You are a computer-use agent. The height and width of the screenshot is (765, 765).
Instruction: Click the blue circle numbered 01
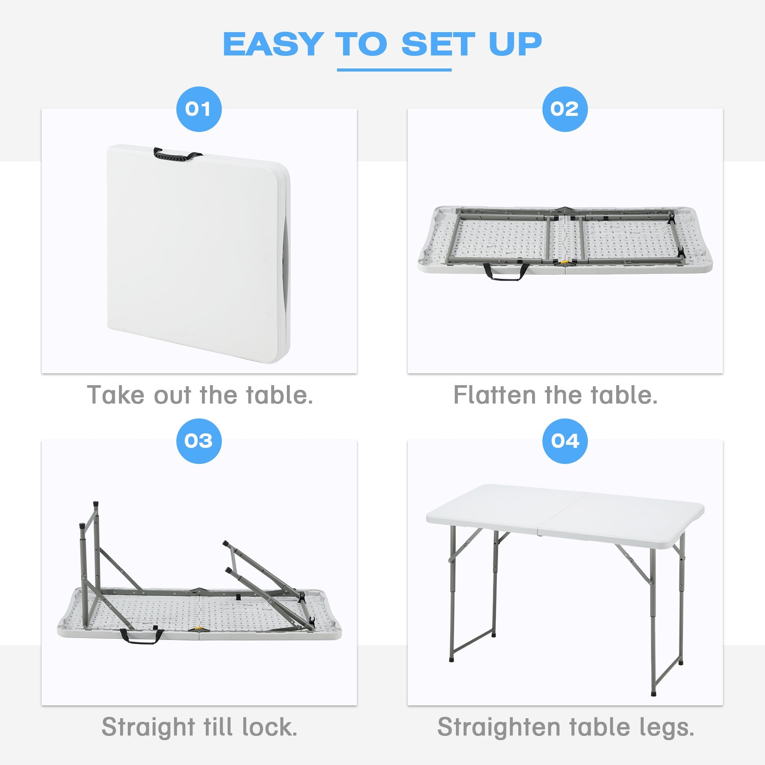click(x=199, y=109)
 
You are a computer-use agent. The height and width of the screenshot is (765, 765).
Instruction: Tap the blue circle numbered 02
click(x=565, y=109)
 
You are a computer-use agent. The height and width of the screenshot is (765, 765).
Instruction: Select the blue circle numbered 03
click(x=199, y=441)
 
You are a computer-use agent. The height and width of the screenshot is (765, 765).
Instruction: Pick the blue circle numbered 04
click(x=565, y=441)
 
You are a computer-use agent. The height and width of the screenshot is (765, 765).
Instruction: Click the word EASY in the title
click(x=272, y=44)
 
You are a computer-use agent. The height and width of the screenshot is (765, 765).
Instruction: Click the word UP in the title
click(x=515, y=44)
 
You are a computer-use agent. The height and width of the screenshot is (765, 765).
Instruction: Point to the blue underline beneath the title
click(x=394, y=70)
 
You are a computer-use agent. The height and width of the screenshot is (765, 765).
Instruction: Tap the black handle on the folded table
click(x=177, y=155)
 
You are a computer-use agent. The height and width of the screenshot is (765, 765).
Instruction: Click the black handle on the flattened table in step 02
click(x=506, y=273)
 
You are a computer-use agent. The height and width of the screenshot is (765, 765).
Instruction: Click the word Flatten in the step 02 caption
click(x=494, y=395)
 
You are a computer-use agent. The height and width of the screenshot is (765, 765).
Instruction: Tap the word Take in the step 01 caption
click(x=115, y=395)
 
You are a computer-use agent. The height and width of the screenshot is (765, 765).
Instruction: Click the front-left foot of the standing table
click(x=452, y=660)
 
